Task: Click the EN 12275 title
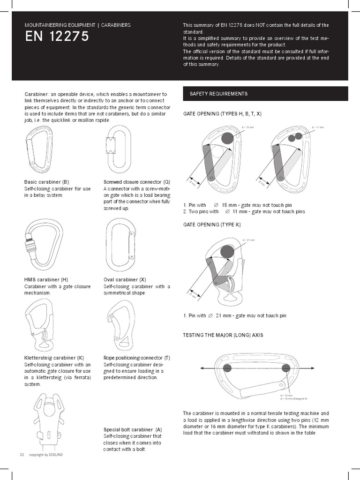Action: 57,37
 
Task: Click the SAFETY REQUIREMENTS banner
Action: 265,94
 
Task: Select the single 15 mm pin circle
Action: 227,138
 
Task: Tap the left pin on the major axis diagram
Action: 227,368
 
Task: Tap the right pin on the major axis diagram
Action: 286,368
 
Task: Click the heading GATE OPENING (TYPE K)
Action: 212,225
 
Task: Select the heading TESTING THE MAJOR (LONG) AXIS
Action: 223,335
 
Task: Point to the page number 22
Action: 22,455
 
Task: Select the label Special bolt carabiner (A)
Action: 133,429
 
